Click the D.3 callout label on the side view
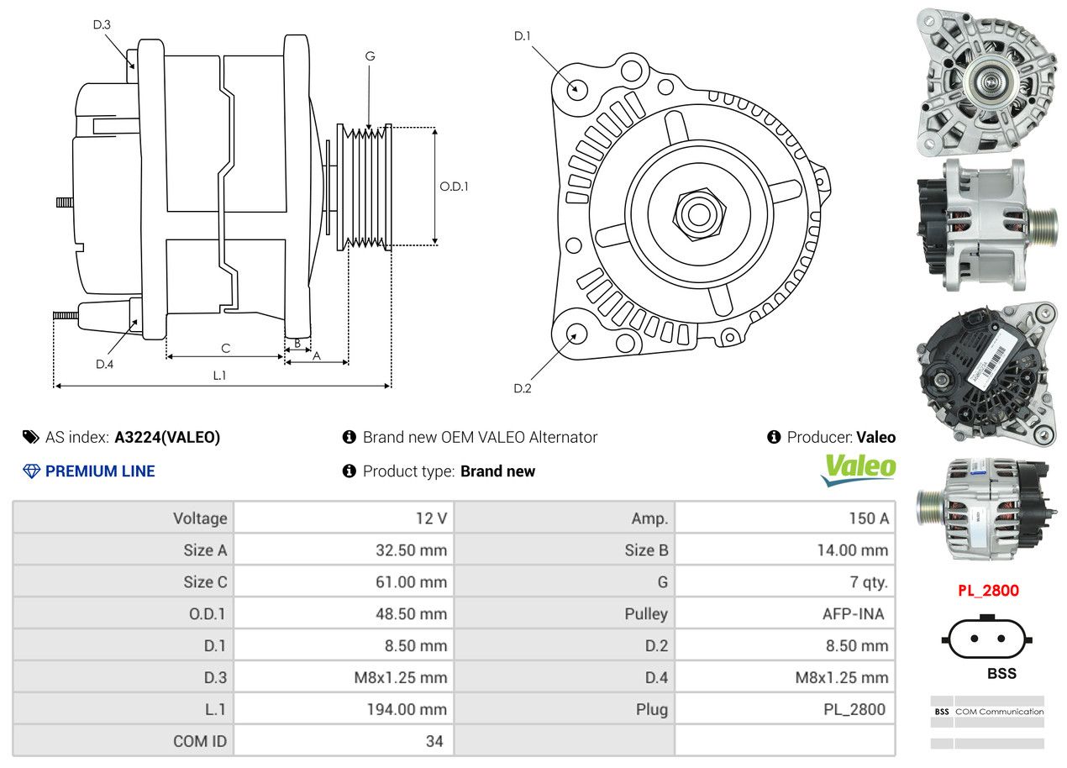[102, 24]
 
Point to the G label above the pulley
[370, 56]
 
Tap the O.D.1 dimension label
[454, 187]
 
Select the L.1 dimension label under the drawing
[219, 376]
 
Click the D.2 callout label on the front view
[523, 388]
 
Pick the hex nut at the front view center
[696, 213]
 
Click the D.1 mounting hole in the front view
[576, 88]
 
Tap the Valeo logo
[858, 470]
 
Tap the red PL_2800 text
[988, 591]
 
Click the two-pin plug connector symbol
[987, 639]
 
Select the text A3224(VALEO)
[167, 437]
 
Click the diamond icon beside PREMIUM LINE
[31, 471]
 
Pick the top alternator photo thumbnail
[985, 81]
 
